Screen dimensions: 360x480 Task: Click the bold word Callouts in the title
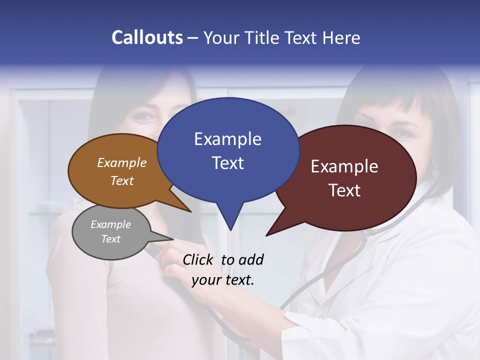147,37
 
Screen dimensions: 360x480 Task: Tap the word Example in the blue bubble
227,139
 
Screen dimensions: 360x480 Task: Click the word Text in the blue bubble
227,163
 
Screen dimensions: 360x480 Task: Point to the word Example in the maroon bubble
344,166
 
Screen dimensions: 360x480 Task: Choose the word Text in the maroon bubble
344,190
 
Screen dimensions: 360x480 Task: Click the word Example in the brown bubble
121,162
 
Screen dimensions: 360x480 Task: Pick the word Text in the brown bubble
121,180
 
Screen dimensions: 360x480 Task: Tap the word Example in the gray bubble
110,224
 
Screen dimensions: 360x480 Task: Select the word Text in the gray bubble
110,239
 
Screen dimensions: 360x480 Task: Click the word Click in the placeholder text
199,259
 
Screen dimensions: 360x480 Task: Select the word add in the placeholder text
251,259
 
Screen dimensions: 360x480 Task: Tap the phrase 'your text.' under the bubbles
222,280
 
